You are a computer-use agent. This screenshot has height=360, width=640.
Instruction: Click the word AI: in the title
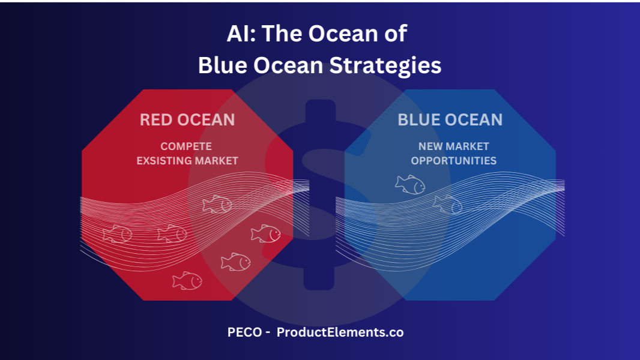click(x=241, y=33)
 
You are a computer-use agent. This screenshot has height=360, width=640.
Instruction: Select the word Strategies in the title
click(x=385, y=65)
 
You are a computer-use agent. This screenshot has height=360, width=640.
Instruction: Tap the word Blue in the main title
click(x=223, y=65)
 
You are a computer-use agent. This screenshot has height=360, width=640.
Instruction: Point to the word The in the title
click(x=282, y=33)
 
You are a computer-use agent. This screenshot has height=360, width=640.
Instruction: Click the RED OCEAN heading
click(x=187, y=120)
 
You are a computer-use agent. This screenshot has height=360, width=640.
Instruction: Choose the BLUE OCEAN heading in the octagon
click(x=450, y=120)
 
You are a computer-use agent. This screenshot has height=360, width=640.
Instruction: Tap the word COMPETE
click(x=186, y=146)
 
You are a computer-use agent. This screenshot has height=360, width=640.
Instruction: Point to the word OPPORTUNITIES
click(x=454, y=161)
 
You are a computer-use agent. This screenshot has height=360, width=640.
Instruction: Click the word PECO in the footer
click(x=244, y=332)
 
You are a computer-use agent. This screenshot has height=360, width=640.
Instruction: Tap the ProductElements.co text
click(x=340, y=332)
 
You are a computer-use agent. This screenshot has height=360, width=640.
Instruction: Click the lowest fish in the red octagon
click(x=187, y=280)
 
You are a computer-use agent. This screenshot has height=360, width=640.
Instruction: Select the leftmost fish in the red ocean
click(x=118, y=234)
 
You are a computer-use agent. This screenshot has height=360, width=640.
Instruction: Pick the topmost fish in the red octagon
click(x=217, y=204)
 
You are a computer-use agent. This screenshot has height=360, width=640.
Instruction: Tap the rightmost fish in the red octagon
click(x=266, y=233)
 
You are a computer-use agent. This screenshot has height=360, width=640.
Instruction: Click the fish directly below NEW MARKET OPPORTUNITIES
click(x=410, y=185)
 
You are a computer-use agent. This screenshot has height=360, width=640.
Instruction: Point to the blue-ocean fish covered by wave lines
click(x=448, y=204)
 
